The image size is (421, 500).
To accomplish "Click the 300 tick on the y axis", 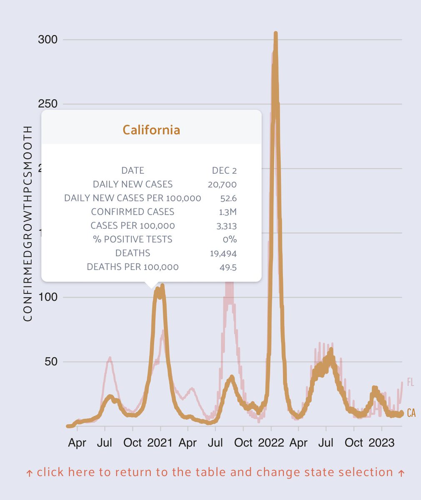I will tap(48, 40).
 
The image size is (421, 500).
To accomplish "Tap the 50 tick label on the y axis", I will tap(51, 362).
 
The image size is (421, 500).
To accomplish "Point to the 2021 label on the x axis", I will tap(160, 442).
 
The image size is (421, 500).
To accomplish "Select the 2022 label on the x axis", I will tap(271, 442).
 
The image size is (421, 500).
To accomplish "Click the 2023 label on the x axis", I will tap(381, 442).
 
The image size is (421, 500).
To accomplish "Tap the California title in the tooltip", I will tap(151, 130).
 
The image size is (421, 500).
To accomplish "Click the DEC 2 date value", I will tap(224, 170).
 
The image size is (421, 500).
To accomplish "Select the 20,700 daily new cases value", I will tap(222, 184).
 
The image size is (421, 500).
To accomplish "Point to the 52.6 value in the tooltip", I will tap(228, 198).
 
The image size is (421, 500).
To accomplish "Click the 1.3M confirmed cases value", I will tap(228, 212).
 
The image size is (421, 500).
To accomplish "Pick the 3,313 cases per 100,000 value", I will tap(226, 226).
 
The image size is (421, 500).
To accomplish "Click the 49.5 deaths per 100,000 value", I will tap(228, 267).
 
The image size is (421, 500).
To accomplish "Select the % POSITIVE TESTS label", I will tap(132, 239).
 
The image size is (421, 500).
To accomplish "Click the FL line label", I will tap(410, 382).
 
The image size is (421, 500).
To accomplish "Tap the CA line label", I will tap(411, 413).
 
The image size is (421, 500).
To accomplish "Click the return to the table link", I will tap(215, 472).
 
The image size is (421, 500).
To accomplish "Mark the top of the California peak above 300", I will tap(276, 33).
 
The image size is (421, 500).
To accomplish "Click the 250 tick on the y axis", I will tap(48, 104).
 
